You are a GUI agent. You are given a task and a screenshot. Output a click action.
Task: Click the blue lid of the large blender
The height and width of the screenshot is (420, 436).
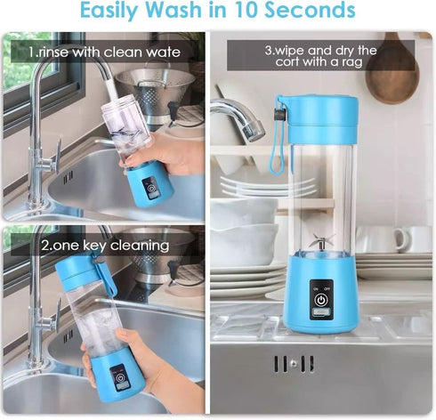coord(318,111)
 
